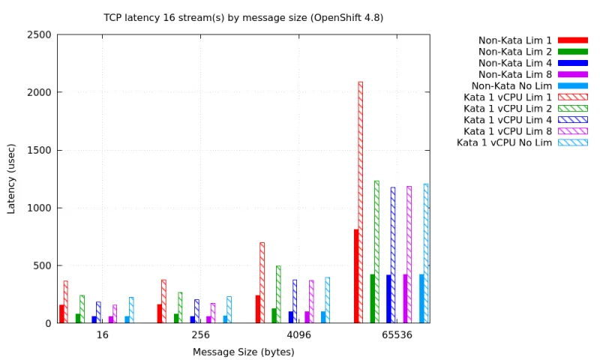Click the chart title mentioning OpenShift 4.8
[x=243, y=17]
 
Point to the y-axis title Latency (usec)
[x=11, y=178]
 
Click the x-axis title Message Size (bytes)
[x=243, y=352]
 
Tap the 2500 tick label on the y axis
[x=40, y=34]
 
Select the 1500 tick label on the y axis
[x=40, y=150]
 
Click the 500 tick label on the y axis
[x=43, y=265]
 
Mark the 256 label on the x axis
[x=199, y=335]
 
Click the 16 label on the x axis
[x=102, y=335]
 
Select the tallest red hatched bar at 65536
[x=361, y=202]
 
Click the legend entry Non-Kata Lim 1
[x=515, y=40]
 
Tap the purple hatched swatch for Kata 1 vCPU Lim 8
[x=572, y=131]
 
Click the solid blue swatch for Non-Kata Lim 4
[x=572, y=63]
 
